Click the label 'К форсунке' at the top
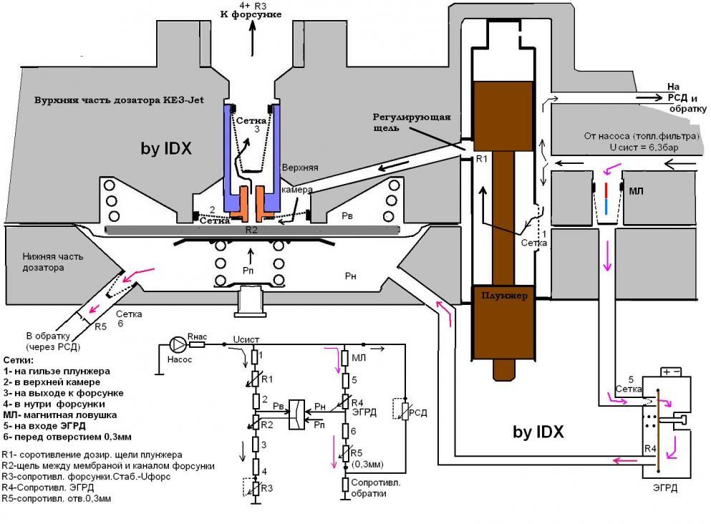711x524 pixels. (251, 14)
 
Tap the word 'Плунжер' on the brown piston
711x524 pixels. (504, 296)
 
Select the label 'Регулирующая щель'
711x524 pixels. (411, 122)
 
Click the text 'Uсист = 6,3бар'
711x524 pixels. (644, 147)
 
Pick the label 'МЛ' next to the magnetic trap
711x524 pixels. (636, 191)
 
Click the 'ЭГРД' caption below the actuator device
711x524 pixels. (664, 488)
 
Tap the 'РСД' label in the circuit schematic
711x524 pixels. (417, 413)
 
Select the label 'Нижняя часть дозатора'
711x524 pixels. (52, 262)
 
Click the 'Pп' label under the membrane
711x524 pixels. (248, 271)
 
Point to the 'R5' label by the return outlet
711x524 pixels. (100, 326)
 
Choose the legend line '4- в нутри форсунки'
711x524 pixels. (54, 404)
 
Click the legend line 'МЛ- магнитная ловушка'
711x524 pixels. (60, 414)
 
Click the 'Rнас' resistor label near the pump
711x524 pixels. (197, 336)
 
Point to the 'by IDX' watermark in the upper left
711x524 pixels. (166, 149)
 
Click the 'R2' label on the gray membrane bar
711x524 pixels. (251, 230)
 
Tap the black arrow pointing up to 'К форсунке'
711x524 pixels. (253, 31)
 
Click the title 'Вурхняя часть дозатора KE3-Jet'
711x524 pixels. (120, 100)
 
